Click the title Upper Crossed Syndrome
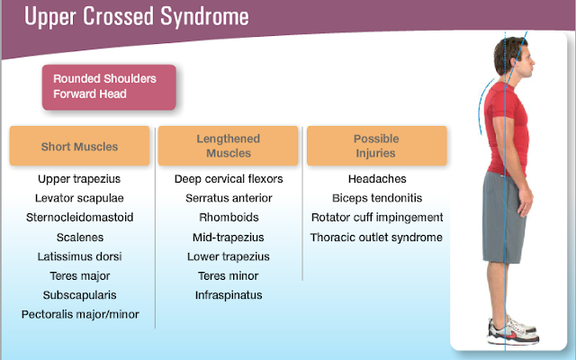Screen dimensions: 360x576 (136, 18)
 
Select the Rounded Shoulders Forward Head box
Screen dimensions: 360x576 (109, 85)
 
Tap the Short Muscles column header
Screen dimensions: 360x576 (79, 146)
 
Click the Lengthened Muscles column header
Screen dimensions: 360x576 (229, 146)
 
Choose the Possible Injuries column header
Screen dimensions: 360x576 (376, 146)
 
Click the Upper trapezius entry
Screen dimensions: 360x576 (79, 178)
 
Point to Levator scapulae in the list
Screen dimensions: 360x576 (79, 198)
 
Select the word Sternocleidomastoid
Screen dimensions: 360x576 (79, 218)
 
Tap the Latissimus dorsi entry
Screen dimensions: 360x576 (79, 256)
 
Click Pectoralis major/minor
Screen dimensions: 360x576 (86, 314)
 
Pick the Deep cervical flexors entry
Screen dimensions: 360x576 (229, 178)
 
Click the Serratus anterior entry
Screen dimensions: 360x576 (229, 198)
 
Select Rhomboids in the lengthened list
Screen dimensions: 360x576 (229, 218)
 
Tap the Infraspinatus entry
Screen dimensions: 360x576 (229, 295)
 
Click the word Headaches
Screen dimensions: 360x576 (376, 178)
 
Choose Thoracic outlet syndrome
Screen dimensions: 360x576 (376, 238)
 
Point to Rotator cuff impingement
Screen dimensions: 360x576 (376, 218)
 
